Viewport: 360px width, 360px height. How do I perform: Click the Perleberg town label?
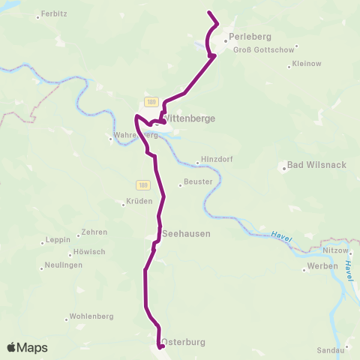click(250, 37)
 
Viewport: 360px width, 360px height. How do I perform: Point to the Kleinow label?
click(306, 64)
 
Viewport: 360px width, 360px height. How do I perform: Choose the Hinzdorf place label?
click(217, 160)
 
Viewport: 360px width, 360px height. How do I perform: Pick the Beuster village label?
click(199, 181)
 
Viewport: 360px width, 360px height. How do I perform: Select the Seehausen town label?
click(186, 233)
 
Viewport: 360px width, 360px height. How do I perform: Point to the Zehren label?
click(95, 232)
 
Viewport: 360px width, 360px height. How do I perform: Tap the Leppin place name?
click(57, 240)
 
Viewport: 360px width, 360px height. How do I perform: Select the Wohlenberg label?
click(91, 316)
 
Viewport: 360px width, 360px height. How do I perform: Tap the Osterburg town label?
click(183, 341)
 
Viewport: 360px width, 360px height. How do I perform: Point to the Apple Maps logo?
click(28, 347)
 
